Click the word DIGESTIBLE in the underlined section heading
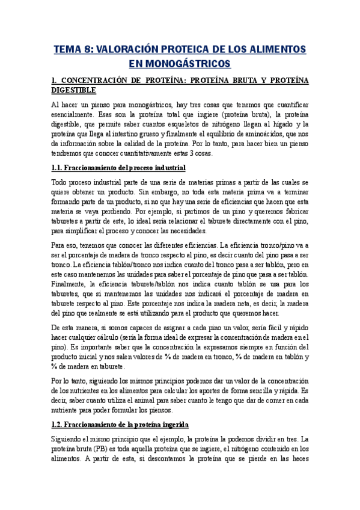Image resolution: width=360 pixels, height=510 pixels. (x=73, y=90)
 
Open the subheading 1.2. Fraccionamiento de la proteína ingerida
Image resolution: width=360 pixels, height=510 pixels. (x=120, y=423)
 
